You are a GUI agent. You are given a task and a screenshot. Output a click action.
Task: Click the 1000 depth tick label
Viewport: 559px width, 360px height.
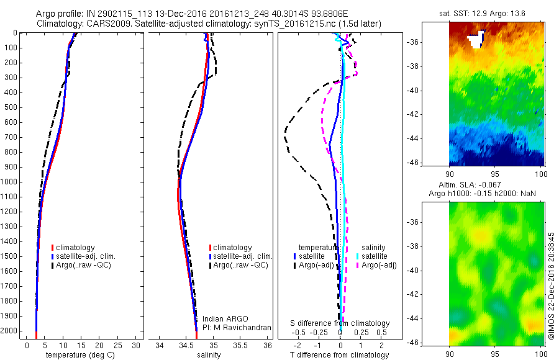[x=11, y=182]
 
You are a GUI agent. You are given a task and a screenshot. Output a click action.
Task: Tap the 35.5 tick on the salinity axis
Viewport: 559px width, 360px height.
[x=241, y=344]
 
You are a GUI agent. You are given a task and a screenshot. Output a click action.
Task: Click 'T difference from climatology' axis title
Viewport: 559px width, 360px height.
[x=340, y=355]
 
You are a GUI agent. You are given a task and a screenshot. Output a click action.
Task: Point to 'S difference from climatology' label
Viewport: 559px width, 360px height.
[x=340, y=323]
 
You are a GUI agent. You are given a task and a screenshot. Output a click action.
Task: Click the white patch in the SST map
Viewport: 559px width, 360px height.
[x=476, y=40]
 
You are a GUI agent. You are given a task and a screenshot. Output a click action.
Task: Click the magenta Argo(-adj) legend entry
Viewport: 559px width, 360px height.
[x=375, y=266]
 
